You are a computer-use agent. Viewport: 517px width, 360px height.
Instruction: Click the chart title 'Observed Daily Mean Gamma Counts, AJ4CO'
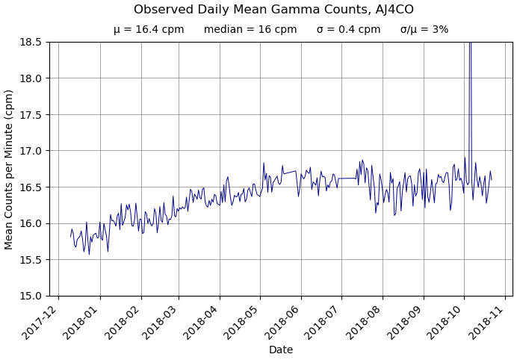click(x=273, y=10)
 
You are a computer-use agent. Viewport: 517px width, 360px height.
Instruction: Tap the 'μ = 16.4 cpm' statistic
click(x=149, y=30)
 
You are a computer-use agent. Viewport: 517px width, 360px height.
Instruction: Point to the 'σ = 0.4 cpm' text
click(x=348, y=30)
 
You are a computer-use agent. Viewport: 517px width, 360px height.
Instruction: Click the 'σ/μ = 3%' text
click(x=424, y=30)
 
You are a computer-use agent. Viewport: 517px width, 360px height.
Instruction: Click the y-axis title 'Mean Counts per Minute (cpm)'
click(x=10, y=169)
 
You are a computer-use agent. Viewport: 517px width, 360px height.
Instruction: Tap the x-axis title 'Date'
click(x=281, y=350)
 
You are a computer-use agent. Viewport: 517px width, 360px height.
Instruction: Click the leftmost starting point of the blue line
click(x=71, y=237)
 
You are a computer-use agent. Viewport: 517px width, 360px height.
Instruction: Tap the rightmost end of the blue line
click(x=492, y=180)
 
